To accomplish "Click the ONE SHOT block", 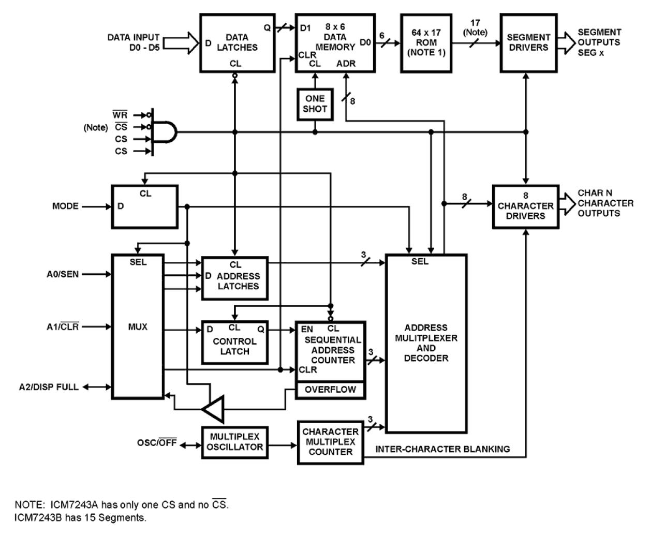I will coord(315,104).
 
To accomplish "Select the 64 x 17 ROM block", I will coord(426,43).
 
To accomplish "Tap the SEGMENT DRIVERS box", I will coord(528,43).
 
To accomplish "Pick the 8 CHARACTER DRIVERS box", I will coord(525,206).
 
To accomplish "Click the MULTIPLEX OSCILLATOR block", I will coord(234,442).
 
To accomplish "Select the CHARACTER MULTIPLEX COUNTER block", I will coord(330,442).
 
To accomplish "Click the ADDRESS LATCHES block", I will coord(234,278).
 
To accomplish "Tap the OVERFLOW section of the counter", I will coord(330,390).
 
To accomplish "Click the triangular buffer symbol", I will coord(214,409).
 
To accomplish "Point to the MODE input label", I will coord(65,206).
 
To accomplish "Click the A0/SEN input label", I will coord(63,274).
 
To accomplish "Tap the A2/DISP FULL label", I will coord(49,387).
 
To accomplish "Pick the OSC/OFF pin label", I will coord(157,443).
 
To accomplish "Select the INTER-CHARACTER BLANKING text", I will coord(442,449).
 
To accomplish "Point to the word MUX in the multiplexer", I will coord(138,327).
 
